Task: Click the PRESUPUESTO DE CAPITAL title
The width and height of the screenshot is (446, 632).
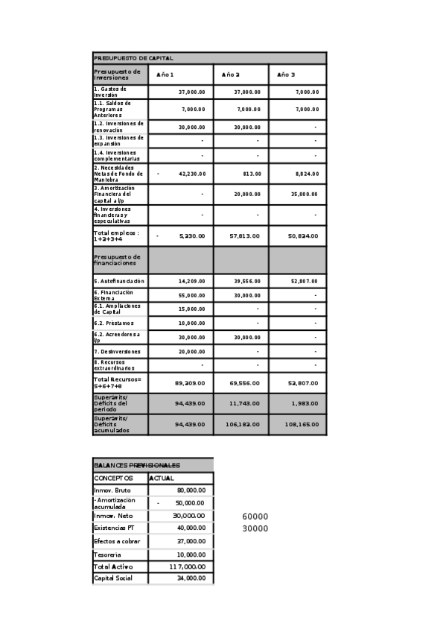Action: click(x=134, y=58)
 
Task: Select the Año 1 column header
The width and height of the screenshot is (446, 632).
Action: click(x=165, y=75)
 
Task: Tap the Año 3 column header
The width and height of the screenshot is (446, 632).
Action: click(x=286, y=75)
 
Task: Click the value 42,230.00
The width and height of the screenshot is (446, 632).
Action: click(x=191, y=174)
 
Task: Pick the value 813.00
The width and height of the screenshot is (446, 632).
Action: click(x=252, y=174)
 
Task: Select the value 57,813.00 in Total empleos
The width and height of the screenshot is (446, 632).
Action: click(x=245, y=236)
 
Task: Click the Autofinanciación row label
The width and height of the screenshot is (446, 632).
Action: click(x=119, y=282)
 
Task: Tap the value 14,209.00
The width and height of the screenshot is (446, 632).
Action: click(x=191, y=282)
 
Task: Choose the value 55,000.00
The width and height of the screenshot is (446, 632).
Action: click(x=191, y=296)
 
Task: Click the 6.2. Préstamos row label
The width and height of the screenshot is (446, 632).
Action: click(x=114, y=323)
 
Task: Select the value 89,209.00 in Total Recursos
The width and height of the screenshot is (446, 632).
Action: click(x=190, y=382)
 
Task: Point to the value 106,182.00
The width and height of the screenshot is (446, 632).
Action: click(x=243, y=424)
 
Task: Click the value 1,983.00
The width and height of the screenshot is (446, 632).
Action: click(x=305, y=403)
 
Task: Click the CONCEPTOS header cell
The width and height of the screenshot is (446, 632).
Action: click(x=113, y=478)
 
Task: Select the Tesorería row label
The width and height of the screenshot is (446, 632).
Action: click(x=109, y=554)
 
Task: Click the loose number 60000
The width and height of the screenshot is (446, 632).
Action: click(x=255, y=516)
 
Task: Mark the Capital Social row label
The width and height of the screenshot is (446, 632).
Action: click(x=114, y=578)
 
